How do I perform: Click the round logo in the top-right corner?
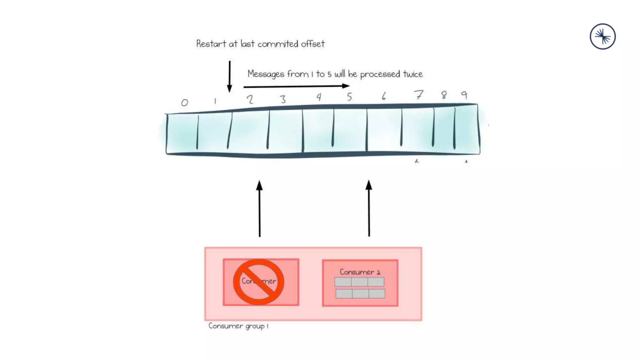(x=602, y=37)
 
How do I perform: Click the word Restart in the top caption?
(x=211, y=44)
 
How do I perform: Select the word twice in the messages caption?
(x=412, y=74)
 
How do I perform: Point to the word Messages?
(x=266, y=74)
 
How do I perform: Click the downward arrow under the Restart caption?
(x=230, y=77)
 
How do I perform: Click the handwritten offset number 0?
(x=184, y=102)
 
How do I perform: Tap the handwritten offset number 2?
(x=250, y=100)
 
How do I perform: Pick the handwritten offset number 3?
(x=283, y=99)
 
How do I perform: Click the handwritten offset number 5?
(x=349, y=97)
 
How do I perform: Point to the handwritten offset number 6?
(x=384, y=96)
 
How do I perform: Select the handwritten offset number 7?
(x=419, y=94)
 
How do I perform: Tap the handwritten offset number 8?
(x=444, y=95)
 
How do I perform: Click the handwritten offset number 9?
(x=464, y=95)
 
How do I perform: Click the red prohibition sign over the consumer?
(x=258, y=282)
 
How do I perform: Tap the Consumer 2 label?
(x=360, y=272)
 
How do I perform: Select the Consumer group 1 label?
(x=238, y=326)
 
